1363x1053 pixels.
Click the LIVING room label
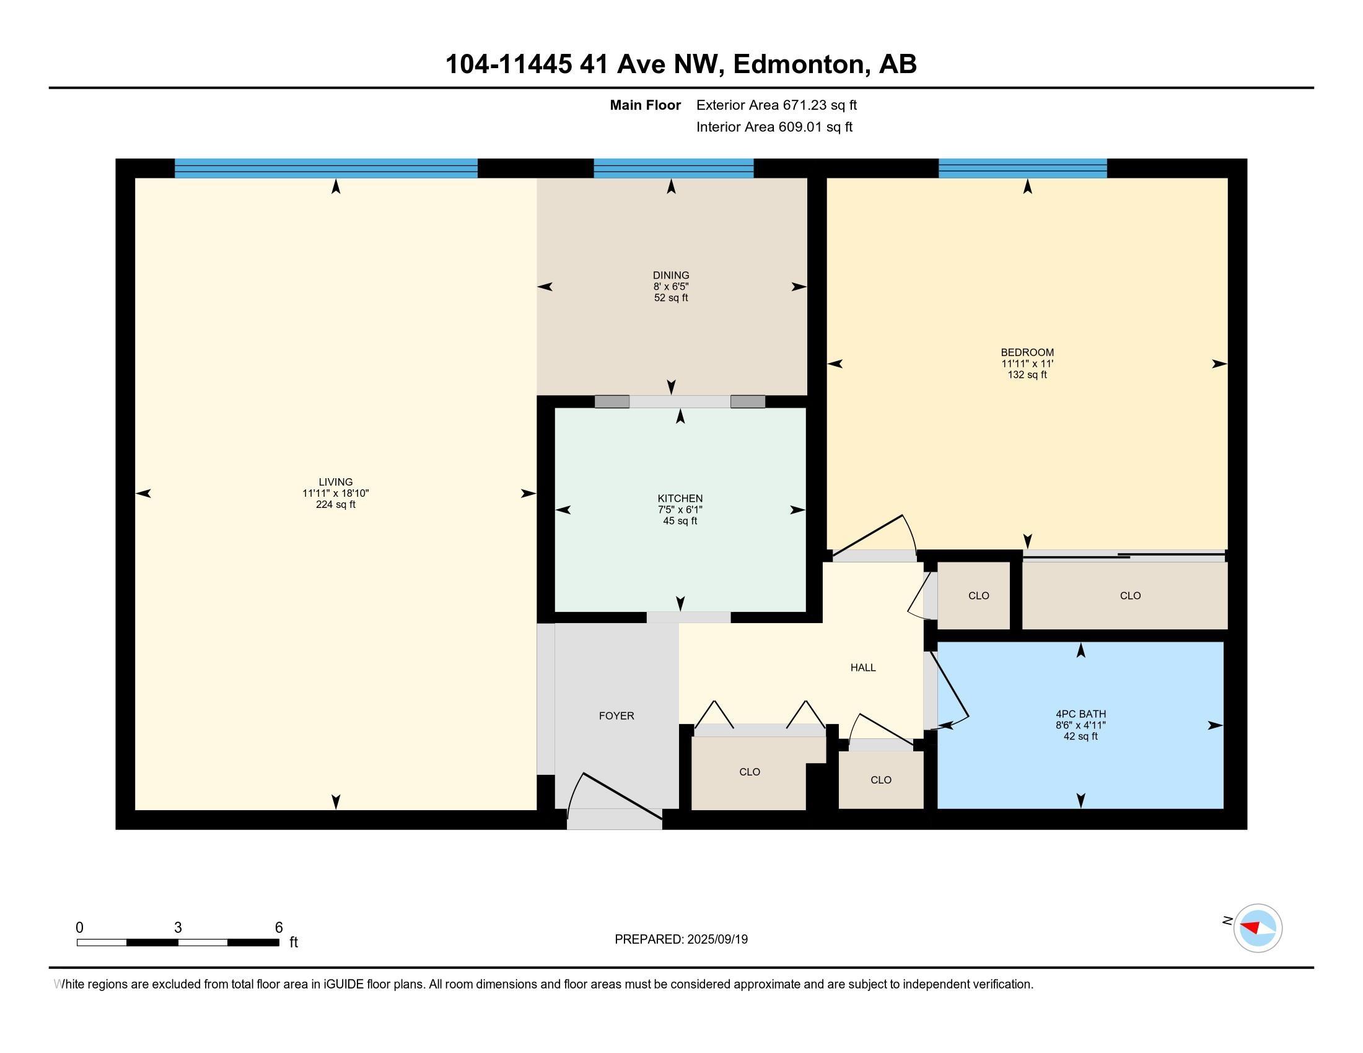pyautogui.click(x=336, y=481)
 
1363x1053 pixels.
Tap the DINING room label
pyautogui.click(x=671, y=275)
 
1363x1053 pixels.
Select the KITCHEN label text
pyautogui.click(x=680, y=499)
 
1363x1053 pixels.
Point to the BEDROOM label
pyautogui.click(x=1027, y=352)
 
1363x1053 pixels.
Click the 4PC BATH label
pyautogui.click(x=1081, y=714)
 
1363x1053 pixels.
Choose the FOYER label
pyautogui.click(x=616, y=716)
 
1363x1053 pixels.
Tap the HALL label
pyautogui.click(x=863, y=668)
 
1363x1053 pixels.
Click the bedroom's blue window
pyautogui.click(x=1023, y=168)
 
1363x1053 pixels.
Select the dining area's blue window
pyautogui.click(x=673, y=168)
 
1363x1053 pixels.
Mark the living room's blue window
pyautogui.click(x=326, y=168)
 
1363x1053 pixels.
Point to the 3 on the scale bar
pyautogui.click(x=178, y=928)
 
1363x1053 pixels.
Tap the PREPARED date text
pyautogui.click(x=681, y=939)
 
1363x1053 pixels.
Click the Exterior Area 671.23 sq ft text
pyautogui.click(x=776, y=105)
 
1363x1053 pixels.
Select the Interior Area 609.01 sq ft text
pyautogui.click(x=774, y=126)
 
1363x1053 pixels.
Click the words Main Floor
pyautogui.click(x=646, y=105)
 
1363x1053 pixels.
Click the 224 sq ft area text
pyautogui.click(x=336, y=505)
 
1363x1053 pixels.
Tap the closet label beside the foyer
pyautogui.click(x=750, y=772)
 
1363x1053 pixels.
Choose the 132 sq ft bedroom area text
pyautogui.click(x=1027, y=375)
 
